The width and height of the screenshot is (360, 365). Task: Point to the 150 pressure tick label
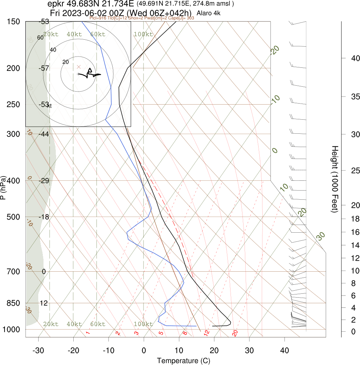pos(13,22)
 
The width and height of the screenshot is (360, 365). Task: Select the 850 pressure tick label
pos(13,303)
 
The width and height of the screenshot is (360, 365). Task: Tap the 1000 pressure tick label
pos(12,330)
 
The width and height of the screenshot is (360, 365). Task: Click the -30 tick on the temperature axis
pos(38,350)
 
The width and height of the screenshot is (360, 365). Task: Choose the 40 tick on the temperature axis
pos(285,350)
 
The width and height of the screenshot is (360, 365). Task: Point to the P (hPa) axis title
pos(3,187)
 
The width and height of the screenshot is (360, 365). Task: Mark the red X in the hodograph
pos(79,67)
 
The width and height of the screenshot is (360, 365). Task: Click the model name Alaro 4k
pos(209,13)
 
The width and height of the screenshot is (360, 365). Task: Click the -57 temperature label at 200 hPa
pos(44,68)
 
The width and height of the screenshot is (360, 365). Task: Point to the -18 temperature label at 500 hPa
pos(44,217)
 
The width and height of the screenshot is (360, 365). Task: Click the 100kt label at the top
pos(143,34)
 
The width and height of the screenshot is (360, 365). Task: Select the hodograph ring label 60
pos(40,38)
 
